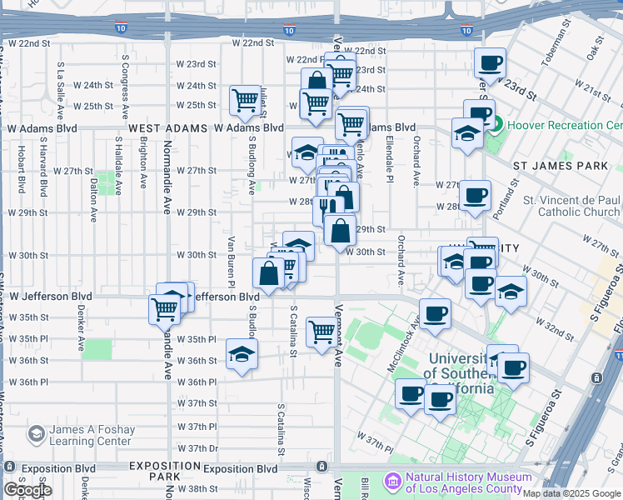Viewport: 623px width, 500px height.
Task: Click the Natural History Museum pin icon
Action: coord(393,482)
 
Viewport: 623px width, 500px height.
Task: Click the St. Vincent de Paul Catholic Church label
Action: coord(571,206)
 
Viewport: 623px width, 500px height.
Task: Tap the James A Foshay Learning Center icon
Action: coord(36,434)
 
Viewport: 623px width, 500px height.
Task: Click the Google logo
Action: coord(27,490)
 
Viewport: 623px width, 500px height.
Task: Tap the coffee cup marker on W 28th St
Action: coord(475,196)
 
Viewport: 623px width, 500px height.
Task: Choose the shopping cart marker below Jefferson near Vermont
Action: coord(322,332)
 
